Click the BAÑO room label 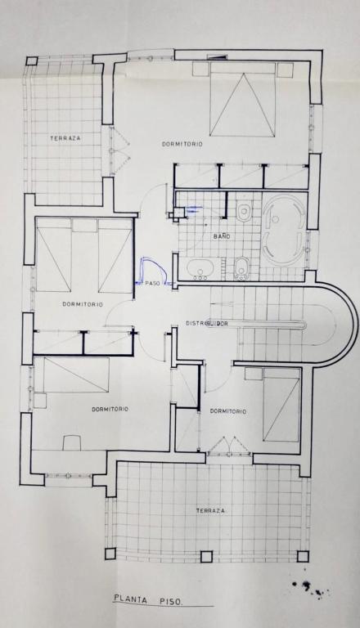(222, 236)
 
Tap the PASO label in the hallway (152, 283)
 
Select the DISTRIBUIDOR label (207, 323)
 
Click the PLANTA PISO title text (148, 600)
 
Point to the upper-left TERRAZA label (65, 138)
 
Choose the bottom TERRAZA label (210, 511)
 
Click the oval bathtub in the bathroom (284, 230)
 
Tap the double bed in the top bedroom (243, 99)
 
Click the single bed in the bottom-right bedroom (281, 405)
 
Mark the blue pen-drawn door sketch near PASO (153, 271)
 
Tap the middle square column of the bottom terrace (206, 556)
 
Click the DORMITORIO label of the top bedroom (182, 144)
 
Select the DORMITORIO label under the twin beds (83, 304)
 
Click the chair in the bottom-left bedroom (73, 442)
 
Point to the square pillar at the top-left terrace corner (32, 61)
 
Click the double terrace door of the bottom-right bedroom (229, 446)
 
